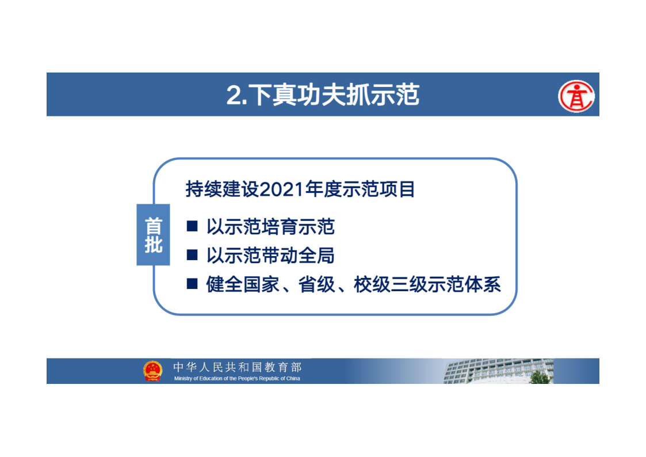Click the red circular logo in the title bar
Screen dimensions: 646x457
pos(576,96)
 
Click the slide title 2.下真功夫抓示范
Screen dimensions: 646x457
pos(323,95)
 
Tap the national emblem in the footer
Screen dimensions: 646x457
pos(153,371)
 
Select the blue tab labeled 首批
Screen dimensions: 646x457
pos(153,235)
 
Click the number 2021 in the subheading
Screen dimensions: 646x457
pos(282,189)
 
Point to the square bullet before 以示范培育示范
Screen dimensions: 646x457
pos(192,226)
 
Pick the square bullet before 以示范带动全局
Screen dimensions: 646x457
pos(192,255)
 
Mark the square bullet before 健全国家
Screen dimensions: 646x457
pos(192,284)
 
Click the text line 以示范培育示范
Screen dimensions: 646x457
pos(271,227)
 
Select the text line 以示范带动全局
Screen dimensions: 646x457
pos(270,256)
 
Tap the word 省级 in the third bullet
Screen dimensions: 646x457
pos(317,284)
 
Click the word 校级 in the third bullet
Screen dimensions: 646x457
pos(372,284)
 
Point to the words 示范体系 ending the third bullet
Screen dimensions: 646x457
pos(464,284)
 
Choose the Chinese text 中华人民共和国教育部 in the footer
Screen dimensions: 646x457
pos(238,367)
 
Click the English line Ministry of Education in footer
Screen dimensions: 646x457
pos(237,378)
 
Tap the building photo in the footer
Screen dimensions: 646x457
pos(499,371)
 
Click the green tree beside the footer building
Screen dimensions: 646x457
pos(540,377)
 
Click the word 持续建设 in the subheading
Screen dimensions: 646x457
pos(223,189)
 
